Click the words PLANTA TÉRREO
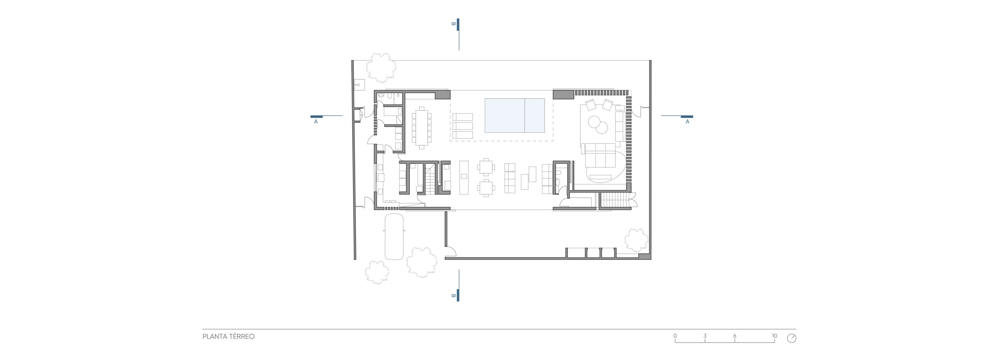coord(228,336)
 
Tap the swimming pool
coord(514,115)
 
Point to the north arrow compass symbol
coord(792,338)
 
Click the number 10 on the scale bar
coord(774,336)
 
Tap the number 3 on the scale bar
coord(705,336)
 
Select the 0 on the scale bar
coord(675,336)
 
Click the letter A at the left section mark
coord(316,122)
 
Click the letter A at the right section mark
coord(687,122)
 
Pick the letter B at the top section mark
coord(453,24)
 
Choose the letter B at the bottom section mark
coord(453,296)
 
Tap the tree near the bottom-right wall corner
coord(636,240)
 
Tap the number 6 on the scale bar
coord(735,336)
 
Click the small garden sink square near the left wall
coord(89,84)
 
